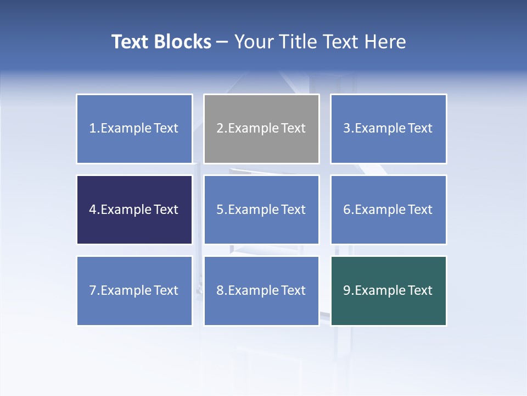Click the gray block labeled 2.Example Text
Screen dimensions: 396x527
[x=261, y=129]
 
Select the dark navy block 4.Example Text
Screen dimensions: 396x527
[x=134, y=210]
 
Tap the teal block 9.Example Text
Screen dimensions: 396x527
[x=389, y=290]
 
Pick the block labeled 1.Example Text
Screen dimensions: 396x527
[x=134, y=129]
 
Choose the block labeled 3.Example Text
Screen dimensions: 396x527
[x=389, y=129]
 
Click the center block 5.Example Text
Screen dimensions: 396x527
[x=261, y=210]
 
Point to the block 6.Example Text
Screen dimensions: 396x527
[x=389, y=210]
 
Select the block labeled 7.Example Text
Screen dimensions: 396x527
[x=134, y=290]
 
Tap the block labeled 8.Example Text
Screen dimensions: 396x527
[x=261, y=290]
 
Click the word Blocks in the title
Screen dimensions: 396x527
[x=183, y=42]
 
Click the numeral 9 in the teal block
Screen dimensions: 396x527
[x=347, y=290]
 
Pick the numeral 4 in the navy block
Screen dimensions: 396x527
[x=93, y=210]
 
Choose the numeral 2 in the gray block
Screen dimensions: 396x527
[x=220, y=129]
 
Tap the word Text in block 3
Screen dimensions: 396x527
[x=420, y=129]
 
